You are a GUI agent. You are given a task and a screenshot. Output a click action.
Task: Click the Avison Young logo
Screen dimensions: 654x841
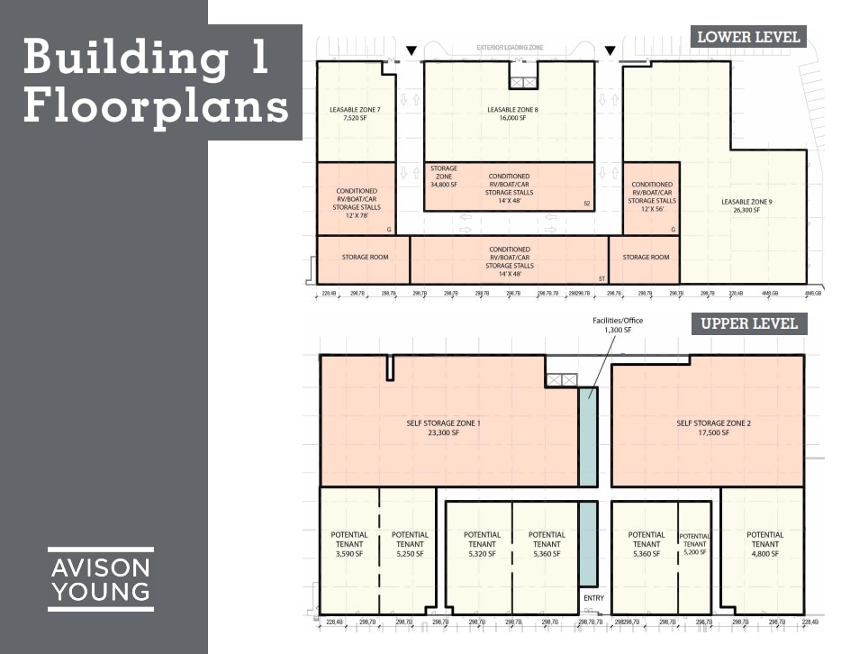pos(101,579)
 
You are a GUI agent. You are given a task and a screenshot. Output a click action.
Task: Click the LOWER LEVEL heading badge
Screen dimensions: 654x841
pos(748,37)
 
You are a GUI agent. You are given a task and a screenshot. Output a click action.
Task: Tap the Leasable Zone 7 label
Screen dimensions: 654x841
pos(356,113)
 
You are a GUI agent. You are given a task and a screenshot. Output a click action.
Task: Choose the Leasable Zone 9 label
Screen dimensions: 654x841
pos(746,205)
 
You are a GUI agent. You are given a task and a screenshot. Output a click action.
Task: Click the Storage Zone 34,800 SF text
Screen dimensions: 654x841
pos(444,177)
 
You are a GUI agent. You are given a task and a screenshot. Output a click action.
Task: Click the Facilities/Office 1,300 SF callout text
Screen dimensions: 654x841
pos(618,325)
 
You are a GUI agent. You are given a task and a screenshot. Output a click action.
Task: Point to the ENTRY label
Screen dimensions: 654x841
pos(593,598)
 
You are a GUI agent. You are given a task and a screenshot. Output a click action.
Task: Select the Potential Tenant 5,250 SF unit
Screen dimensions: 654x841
pos(410,545)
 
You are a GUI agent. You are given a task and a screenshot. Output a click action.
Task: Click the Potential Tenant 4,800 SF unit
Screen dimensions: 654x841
pos(764,545)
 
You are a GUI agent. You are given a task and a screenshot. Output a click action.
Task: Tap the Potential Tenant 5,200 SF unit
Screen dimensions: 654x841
pos(694,545)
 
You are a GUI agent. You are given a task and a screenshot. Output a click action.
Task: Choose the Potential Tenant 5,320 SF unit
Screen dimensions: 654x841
pos(482,545)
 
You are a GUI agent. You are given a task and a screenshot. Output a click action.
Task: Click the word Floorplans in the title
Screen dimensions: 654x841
pos(155,106)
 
